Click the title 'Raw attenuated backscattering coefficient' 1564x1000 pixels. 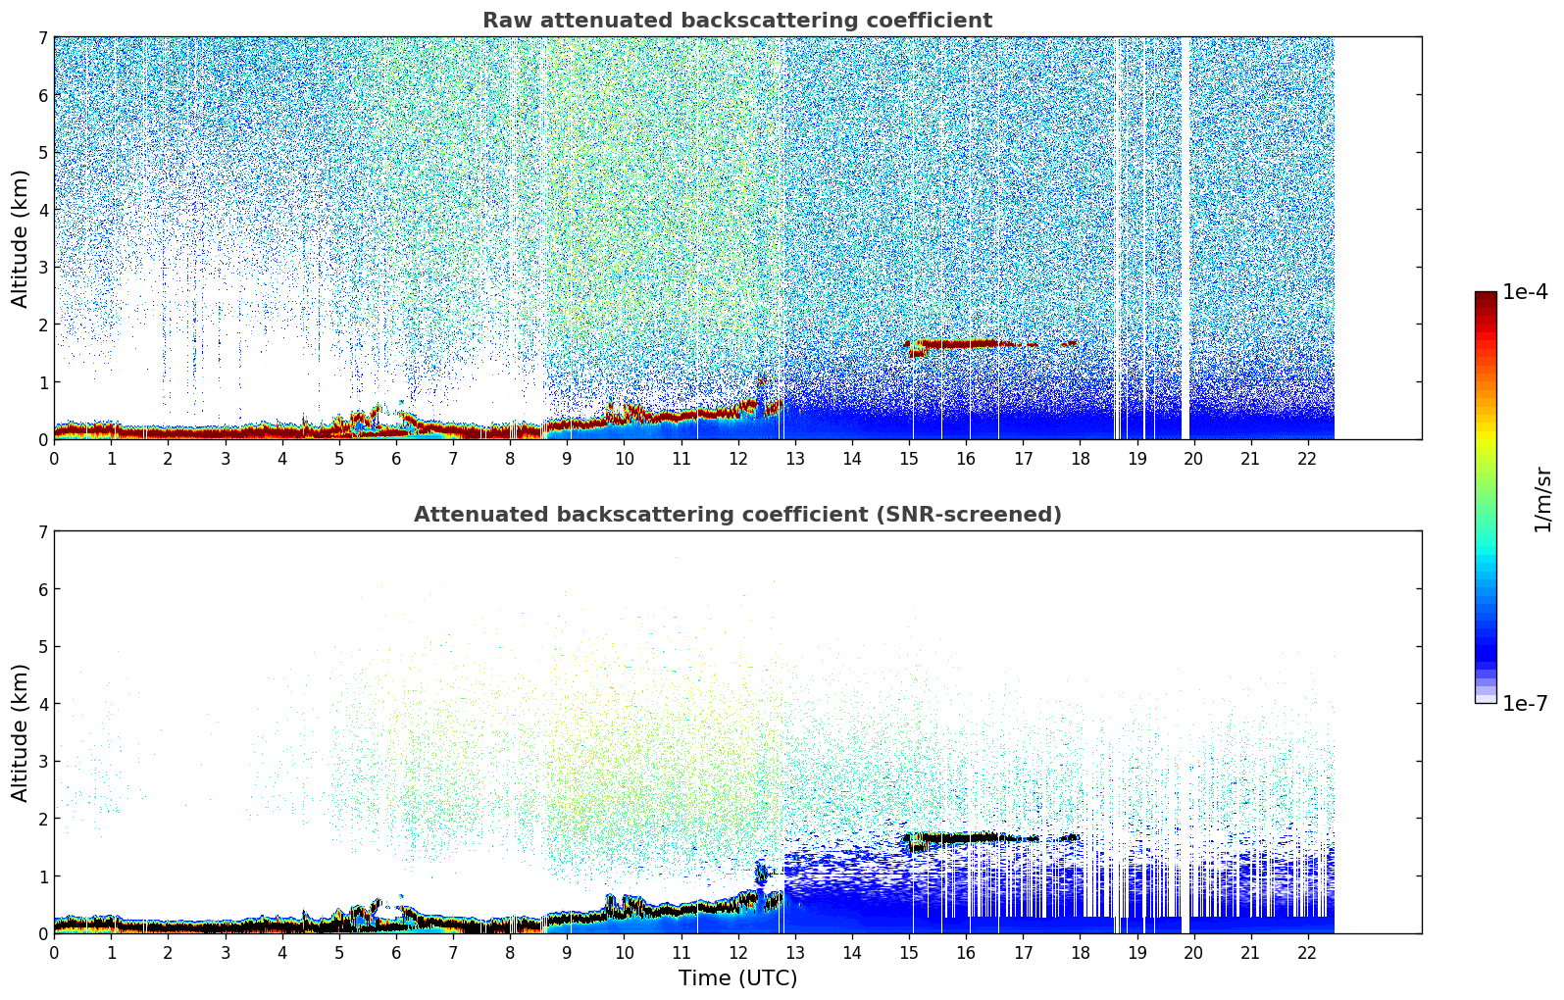pyautogui.click(x=736, y=21)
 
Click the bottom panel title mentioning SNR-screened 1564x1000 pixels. pyautogui.click(x=736, y=515)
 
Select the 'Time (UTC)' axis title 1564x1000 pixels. pyautogui.click(x=737, y=978)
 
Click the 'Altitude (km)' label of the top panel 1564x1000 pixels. pyautogui.click(x=20, y=238)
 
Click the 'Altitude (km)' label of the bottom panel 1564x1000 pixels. pyautogui.click(x=20, y=732)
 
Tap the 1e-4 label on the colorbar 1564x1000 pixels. pyautogui.click(x=1525, y=292)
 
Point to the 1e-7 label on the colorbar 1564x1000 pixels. pyautogui.click(x=1525, y=703)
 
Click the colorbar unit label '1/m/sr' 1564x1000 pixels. pyautogui.click(x=1542, y=499)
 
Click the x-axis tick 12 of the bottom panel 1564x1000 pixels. pyautogui.click(x=737, y=953)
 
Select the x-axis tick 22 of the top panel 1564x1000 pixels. pyautogui.click(x=1307, y=459)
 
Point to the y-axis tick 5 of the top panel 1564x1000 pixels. pyautogui.click(x=42, y=152)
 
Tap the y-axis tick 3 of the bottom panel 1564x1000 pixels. pyautogui.click(x=42, y=762)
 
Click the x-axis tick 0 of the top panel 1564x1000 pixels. pyautogui.click(x=54, y=459)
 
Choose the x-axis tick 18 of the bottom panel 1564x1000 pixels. pyautogui.click(x=1080, y=953)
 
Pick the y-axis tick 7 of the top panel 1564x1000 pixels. pyautogui.click(x=42, y=37)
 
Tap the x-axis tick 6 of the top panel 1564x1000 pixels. pyautogui.click(x=396, y=459)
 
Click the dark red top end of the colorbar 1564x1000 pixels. pyautogui.click(x=1486, y=296)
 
